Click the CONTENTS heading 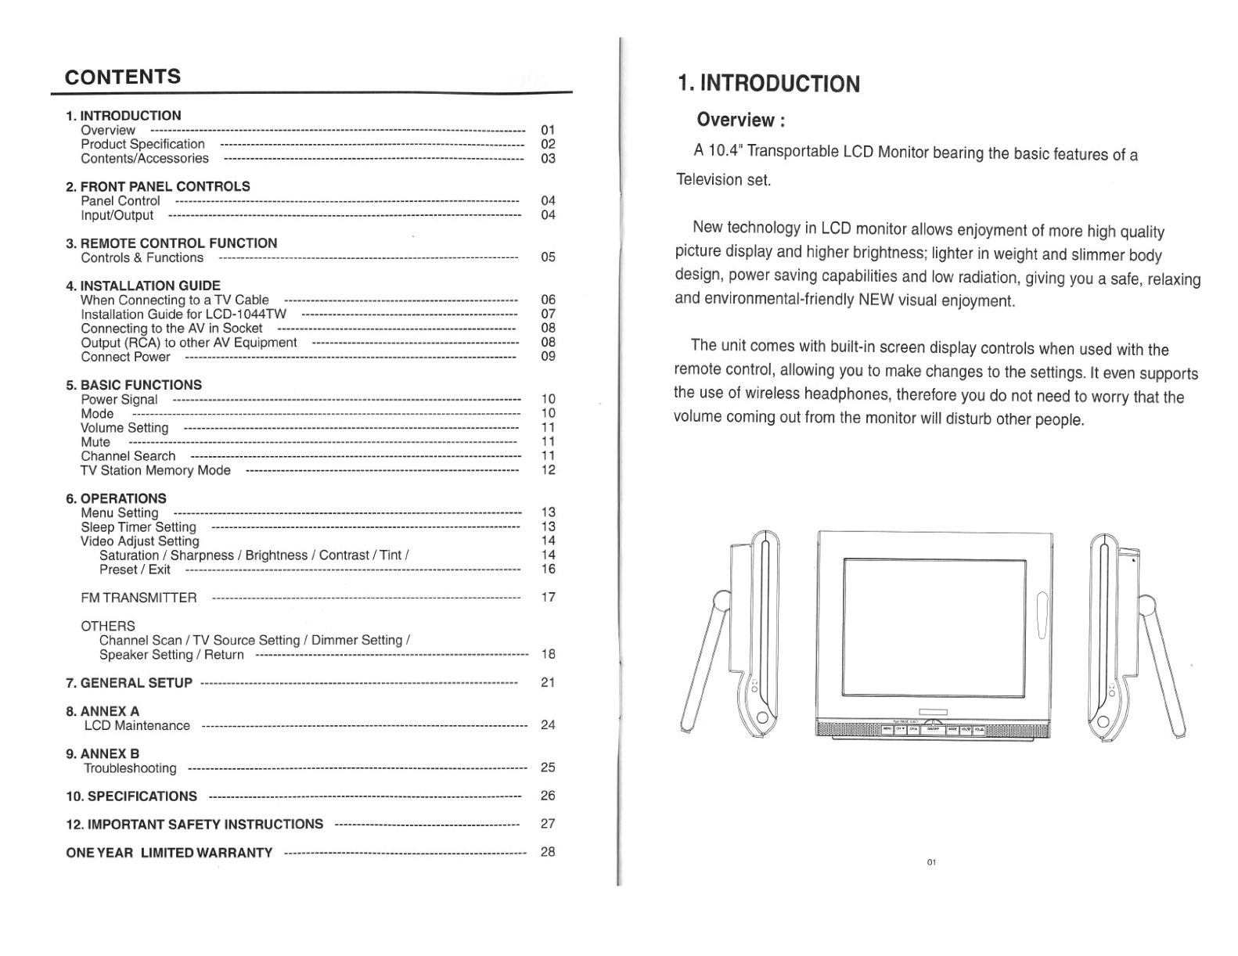pyautogui.click(x=123, y=77)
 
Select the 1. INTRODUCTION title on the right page pyautogui.click(x=768, y=84)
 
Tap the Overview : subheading pyautogui.click(x=740, y=120)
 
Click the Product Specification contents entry pyautogui.click(x=142, y=144)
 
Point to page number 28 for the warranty pyautogui.click(x=548, y=852)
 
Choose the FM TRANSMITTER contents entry pyautogui.click(x=139, y=598)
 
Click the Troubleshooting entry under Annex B pyautogui.click(x=130, y=768)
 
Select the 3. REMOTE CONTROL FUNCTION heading pyautogui.click(x=171, y=243)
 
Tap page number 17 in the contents pyautogui.click(x=548, y=598)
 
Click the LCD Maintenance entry pyautogui.click(x=137, y=725)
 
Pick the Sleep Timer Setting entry pyautogui.click(x=139, y=527)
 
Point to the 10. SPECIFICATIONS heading pyautogui.click(x=131, y=796)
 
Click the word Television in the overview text pyautogui.click(x=709, y=180)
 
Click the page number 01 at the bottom pyautogui.click(x=931, y=862)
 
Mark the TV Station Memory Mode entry pyautogui.click(x=156, y=470)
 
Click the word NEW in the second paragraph pyautogui.click(x=876, y=300)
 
